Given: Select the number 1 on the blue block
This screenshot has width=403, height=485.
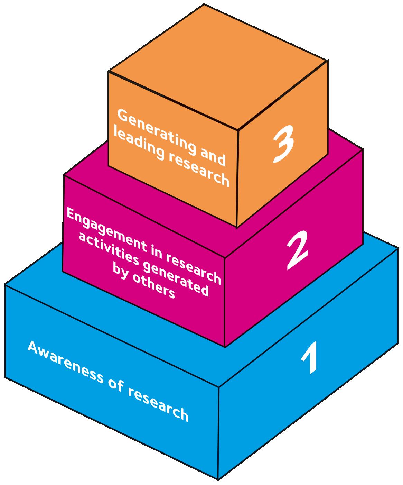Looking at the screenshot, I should click(309, 358).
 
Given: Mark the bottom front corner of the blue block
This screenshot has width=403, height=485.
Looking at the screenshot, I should click(218, 479).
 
